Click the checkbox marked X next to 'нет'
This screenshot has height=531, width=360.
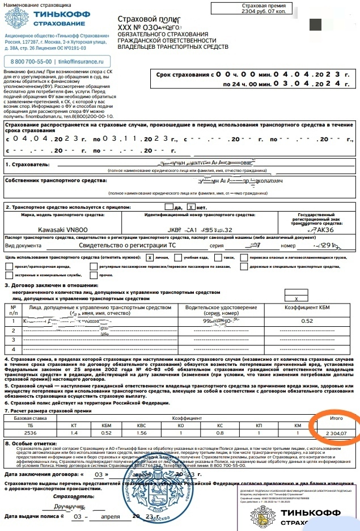tap(192, 208)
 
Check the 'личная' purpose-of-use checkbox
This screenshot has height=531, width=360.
tap(150, 257)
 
